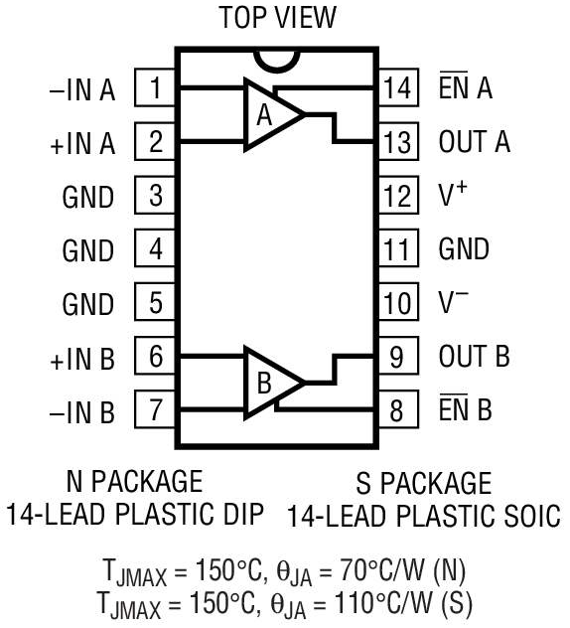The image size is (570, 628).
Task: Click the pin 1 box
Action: click(155, 87)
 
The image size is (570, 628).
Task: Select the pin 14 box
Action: click(398, 87)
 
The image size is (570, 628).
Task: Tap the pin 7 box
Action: click(155, 409)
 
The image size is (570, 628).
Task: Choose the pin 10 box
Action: click(398, 302)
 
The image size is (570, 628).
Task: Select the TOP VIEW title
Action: click(279, 18)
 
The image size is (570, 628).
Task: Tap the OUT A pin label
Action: click(475, 141)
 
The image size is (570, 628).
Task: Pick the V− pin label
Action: click(453, 301)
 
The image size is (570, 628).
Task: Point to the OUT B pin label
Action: click(475, 356)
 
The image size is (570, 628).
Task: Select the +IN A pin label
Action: click(82, 143)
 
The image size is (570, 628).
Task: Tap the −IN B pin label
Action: click(82, 411)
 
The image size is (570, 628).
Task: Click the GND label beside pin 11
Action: click(464, 248)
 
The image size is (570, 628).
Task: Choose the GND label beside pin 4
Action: click(88, 250)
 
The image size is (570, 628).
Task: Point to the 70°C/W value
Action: click(382, 570)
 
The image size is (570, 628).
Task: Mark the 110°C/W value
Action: click(382, 602)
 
